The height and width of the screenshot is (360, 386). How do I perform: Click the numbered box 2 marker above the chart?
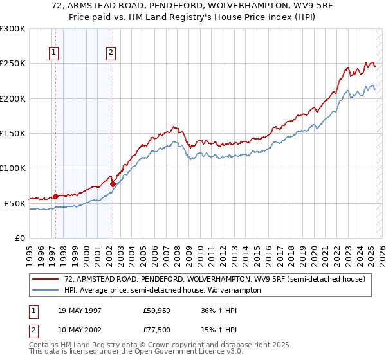(111, 53)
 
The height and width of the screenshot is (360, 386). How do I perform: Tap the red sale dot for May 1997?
(55, 196)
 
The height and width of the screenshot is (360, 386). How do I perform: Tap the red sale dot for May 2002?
(113, 184)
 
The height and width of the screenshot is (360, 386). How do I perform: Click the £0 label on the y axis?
(19, 238)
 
